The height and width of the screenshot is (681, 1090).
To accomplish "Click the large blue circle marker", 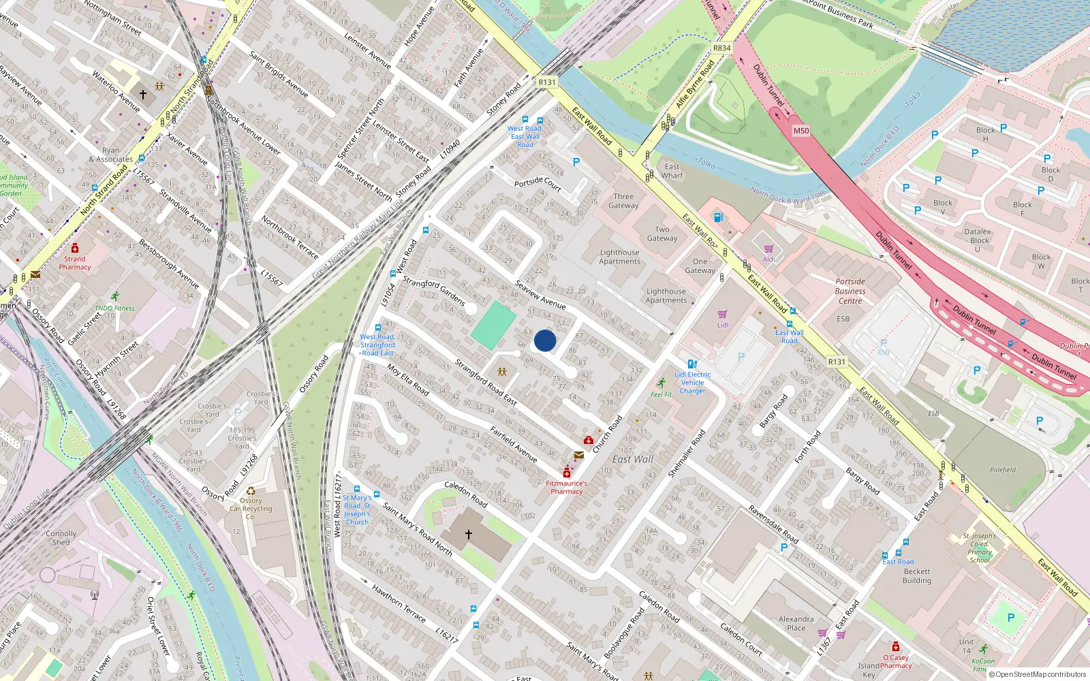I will pos(545,340).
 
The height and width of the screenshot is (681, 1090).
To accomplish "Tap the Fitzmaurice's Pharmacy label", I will pos(566,488).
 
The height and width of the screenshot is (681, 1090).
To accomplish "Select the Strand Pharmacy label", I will pos(74,263).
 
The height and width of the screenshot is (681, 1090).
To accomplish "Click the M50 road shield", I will pos(801,131).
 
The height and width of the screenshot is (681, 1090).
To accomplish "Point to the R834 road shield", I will pos(721,48).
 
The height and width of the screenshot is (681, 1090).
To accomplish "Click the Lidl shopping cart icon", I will pos(722,315).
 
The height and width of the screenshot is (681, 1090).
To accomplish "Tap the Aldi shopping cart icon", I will pos(768,249).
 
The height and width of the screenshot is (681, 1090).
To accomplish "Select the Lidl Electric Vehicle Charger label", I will pos(692,383).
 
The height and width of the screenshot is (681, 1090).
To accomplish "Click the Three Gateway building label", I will pos(623,201).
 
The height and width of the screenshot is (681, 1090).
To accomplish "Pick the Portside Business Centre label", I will pos(850,291).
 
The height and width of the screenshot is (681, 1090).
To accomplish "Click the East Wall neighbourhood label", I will pos(632,460).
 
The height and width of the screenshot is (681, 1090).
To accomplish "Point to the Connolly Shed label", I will pos(61,538).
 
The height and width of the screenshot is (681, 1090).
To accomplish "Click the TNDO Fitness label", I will pos(114,308).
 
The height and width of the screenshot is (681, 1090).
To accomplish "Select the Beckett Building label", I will pos(917,576).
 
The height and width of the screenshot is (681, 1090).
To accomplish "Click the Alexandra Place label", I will pos(796,624).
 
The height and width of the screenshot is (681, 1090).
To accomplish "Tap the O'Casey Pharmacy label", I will pos(896,661).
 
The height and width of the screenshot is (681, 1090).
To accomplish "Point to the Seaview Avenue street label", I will pos(540,294).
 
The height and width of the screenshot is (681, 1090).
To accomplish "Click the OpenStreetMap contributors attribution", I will pos(1040,675).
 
